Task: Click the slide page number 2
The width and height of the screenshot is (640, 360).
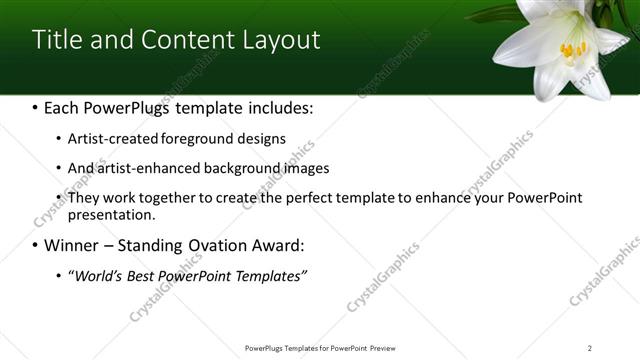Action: pyautogui.click(x=590, y=348)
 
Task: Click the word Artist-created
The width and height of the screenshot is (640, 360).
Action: pyautogui.click(x=111, y=139)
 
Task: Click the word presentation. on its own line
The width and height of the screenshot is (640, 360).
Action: pyautogui.click(x=111, y=214)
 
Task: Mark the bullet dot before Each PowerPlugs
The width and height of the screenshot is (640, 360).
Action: pyautogui.click(x=37, y=107)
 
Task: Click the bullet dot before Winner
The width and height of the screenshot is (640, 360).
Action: pyautogui.click(x=37, y=245)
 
